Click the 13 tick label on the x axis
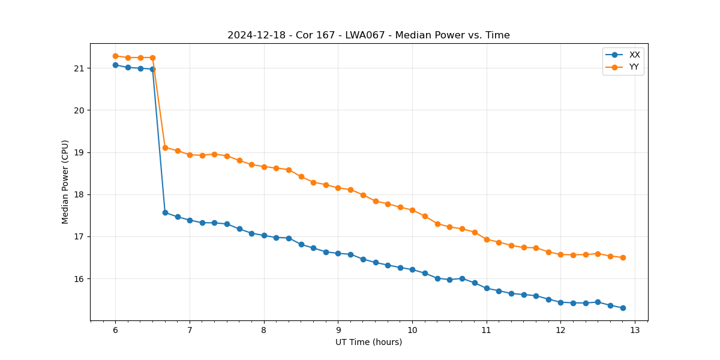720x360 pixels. click(x=635, y=330)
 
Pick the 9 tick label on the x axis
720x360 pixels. click(x=338, y=330)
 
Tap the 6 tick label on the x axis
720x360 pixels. click(x=115, y=330)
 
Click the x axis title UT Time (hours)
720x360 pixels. click(x=368, y=342)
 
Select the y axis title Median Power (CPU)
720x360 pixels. click(x=65, y=182)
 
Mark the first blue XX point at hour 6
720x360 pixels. click(x=115, y=65)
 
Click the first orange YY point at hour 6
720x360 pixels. click(x=115, y=56)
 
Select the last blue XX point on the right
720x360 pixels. click(x=623, y=308)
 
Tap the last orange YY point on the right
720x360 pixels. click(x=623, y=257)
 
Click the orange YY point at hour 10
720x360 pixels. click(x=412, y=210)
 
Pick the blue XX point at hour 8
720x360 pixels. click(x=264, y=235)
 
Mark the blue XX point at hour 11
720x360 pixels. click(x=487, y=288)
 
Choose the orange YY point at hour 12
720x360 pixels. click(x=560, y=254)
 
